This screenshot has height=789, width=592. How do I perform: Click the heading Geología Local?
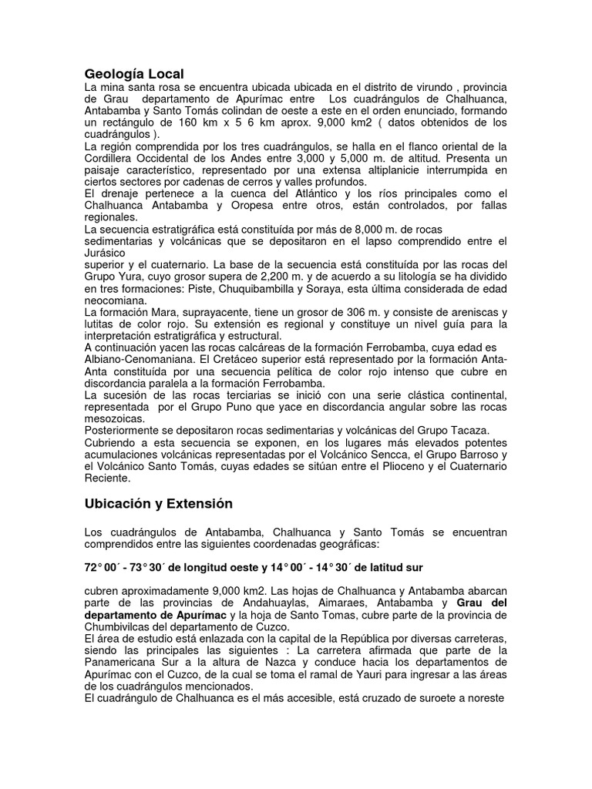pyautogui.click(x=134, y=74)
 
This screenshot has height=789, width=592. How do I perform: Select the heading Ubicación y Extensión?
pyautogui.click(x=158, y=503)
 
